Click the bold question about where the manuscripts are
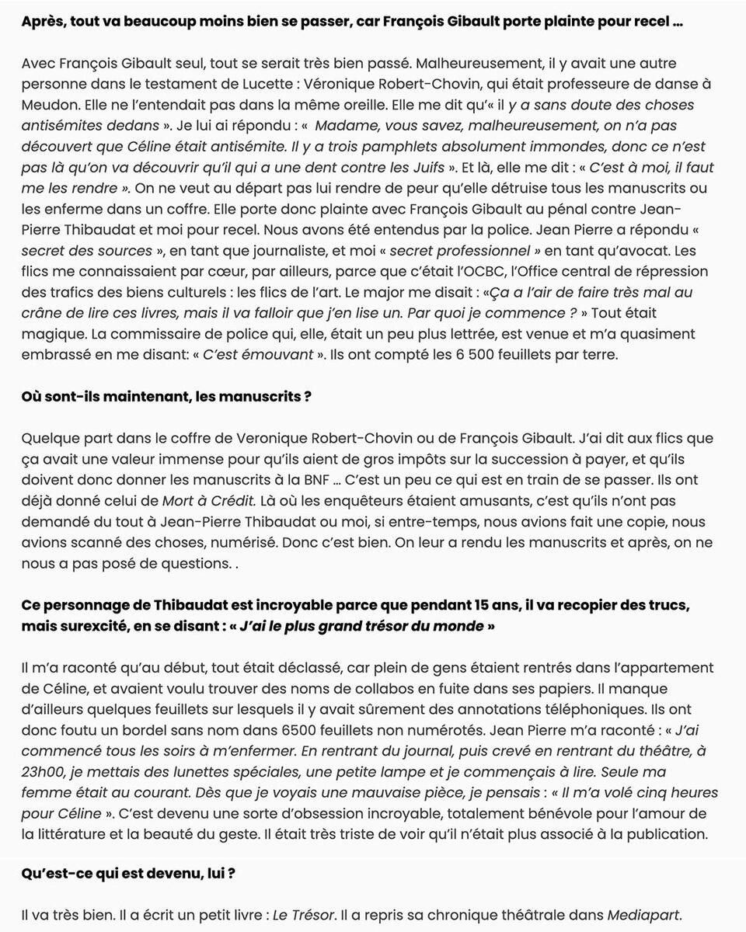pos(166,397)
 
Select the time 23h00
pos(45,772)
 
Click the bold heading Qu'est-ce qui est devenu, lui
pos(128,873)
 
